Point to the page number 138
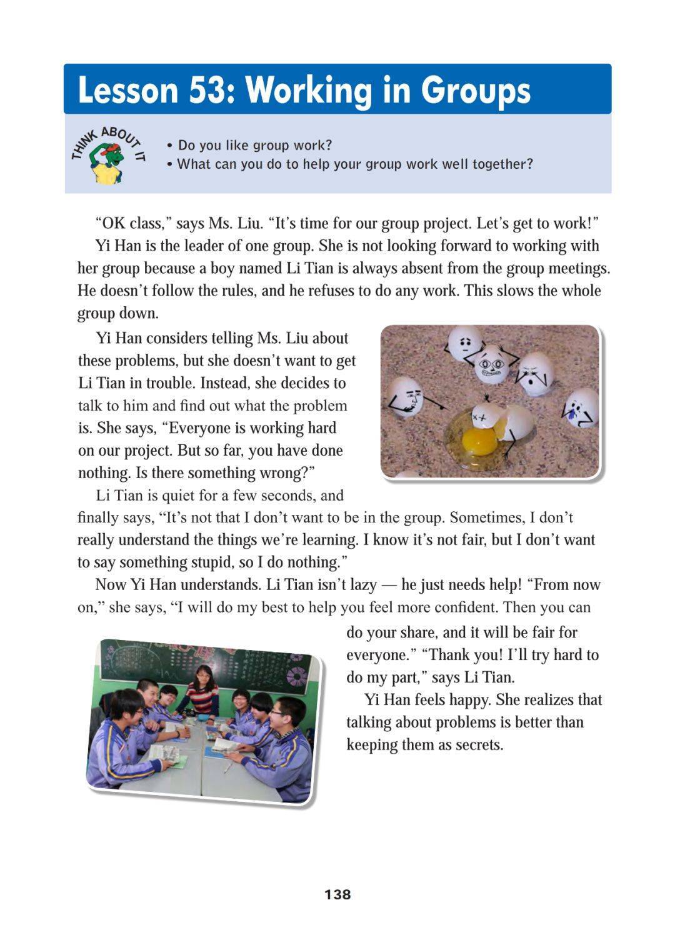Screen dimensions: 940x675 coord(337,894)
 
